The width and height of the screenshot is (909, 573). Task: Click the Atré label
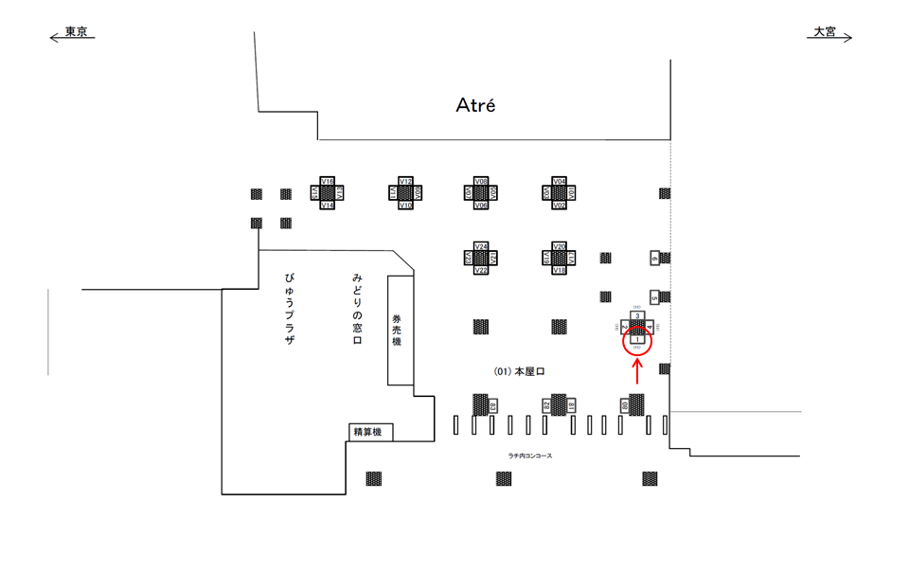pyautogui.click(x=475, y=105)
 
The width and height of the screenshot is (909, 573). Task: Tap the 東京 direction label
pyautogui.click(x=76, y=32)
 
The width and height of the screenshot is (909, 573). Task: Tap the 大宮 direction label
pyautogui.click(x=825, y=32)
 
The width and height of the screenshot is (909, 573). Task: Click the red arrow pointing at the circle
pyautogui.click(x=637, y=371)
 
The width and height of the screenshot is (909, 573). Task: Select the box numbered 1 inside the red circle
pyautogui.click(x=637, y=339)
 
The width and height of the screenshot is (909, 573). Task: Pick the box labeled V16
pyautogui.click(x=327, y=180)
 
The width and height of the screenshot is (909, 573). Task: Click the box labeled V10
pyautogui.click(x=405, y=206)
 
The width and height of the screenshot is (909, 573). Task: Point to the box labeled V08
pyautogui.click(x=480, y=180)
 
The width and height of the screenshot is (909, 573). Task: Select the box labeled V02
pyautogui.click(x=559, y=206)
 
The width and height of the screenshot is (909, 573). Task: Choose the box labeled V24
pyautogui.click(x=480, y=246)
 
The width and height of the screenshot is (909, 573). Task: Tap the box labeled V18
pyautogui.click(x=559, y=271)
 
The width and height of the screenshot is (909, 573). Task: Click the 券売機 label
pyautogui.click(x=397, y=329)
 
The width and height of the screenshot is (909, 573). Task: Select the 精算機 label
pyautogui.click(x=366, y=433)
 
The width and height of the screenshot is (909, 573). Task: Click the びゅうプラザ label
pyautogui.click(x=289, y=308)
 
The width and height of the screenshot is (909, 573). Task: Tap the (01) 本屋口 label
pyautogui.click(x=519, y=372)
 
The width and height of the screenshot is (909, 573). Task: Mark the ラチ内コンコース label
pyautogui.click(x=529, y=457)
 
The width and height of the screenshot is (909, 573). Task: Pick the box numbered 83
pyautogui.click(x=493, y=406)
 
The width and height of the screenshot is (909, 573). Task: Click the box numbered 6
pyautogui.click(x=654, y=258)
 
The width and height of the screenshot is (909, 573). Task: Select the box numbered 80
pyautogui.click(x=625, y=406)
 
